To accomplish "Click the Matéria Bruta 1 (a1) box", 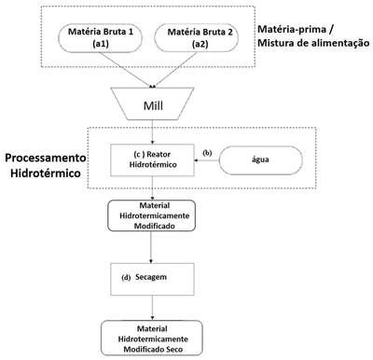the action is click(101, 37).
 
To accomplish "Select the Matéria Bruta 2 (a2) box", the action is click(197, 37).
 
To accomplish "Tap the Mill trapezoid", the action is click(153, 104).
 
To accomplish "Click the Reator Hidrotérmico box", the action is click(152, 159).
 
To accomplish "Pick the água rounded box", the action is click(260, 160).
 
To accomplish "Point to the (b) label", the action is click(207, 153).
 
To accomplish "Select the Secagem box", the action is click(152, 279).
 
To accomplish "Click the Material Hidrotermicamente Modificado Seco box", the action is click(152, 338).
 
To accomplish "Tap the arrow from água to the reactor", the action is click(207, 160).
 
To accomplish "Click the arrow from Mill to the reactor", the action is click(152, 132).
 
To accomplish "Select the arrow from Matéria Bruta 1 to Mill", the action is click(125, 69).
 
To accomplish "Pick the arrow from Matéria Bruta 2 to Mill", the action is click(174, 70).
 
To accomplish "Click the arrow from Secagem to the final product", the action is click(152, 308).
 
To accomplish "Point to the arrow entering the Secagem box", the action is click(151, 247).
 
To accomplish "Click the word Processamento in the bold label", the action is click(46, 158).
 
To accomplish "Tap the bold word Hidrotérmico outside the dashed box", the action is click(46, 173).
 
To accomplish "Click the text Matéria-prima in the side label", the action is click(292, 29).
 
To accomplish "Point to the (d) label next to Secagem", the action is click(126, 278).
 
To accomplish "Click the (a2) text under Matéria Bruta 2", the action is click(200, 44).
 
